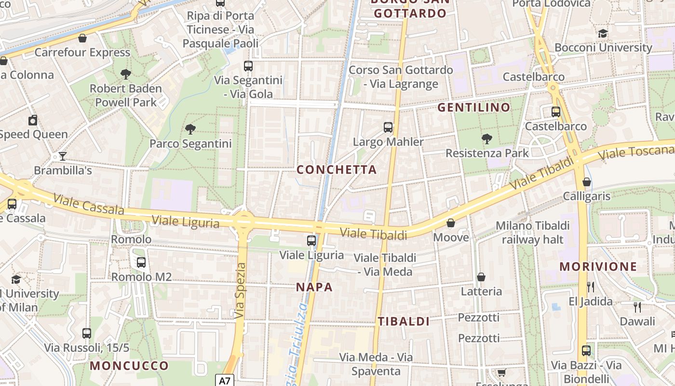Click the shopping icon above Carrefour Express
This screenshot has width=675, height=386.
click(x=82, y=38)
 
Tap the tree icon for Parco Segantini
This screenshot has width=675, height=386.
click(x=190, y=129)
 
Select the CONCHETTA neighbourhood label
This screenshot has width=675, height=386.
click(x=337, y=169)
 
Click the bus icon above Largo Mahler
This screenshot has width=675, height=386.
click(x=388, y=127)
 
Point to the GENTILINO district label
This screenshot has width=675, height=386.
click(x=473, y=107)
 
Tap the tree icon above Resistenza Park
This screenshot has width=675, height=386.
click(x=487, y=139)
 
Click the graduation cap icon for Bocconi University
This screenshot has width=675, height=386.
click(x=603, y=33)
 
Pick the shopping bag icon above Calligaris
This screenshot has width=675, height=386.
click(x=587, y=182)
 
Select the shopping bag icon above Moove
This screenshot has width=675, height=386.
click(x=451, y=223)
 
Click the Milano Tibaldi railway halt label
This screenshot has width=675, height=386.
click(x=533, y=232)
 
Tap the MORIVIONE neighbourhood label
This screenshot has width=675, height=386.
click(x=598, y=266)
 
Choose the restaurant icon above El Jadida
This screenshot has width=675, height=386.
click(x=591, y=287)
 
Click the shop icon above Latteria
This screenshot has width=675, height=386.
click(x=481, y=277)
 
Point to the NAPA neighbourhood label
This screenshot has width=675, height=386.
click(x=314, y=287)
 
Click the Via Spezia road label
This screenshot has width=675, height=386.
click(x=240, y=290)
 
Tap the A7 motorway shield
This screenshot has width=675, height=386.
click(x=225, y=381)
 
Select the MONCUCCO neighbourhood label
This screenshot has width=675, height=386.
click(x=129, y=365)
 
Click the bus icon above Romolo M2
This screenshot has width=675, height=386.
click(x=141, y=262)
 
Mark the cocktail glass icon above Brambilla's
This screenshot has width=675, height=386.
click(x=62, y=156)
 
